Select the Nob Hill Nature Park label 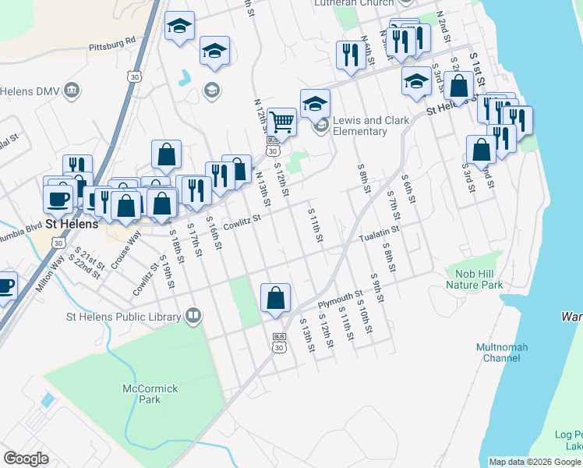[475, 279]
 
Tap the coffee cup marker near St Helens [58, 199]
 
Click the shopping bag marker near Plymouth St [275, 298]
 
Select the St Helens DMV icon [72, 90]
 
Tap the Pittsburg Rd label [112, 44]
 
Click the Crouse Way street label [124, 250]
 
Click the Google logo [26, 459]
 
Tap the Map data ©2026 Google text [535, 462]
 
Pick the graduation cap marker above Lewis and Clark [315, 104]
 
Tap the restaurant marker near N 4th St [348, 55]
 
